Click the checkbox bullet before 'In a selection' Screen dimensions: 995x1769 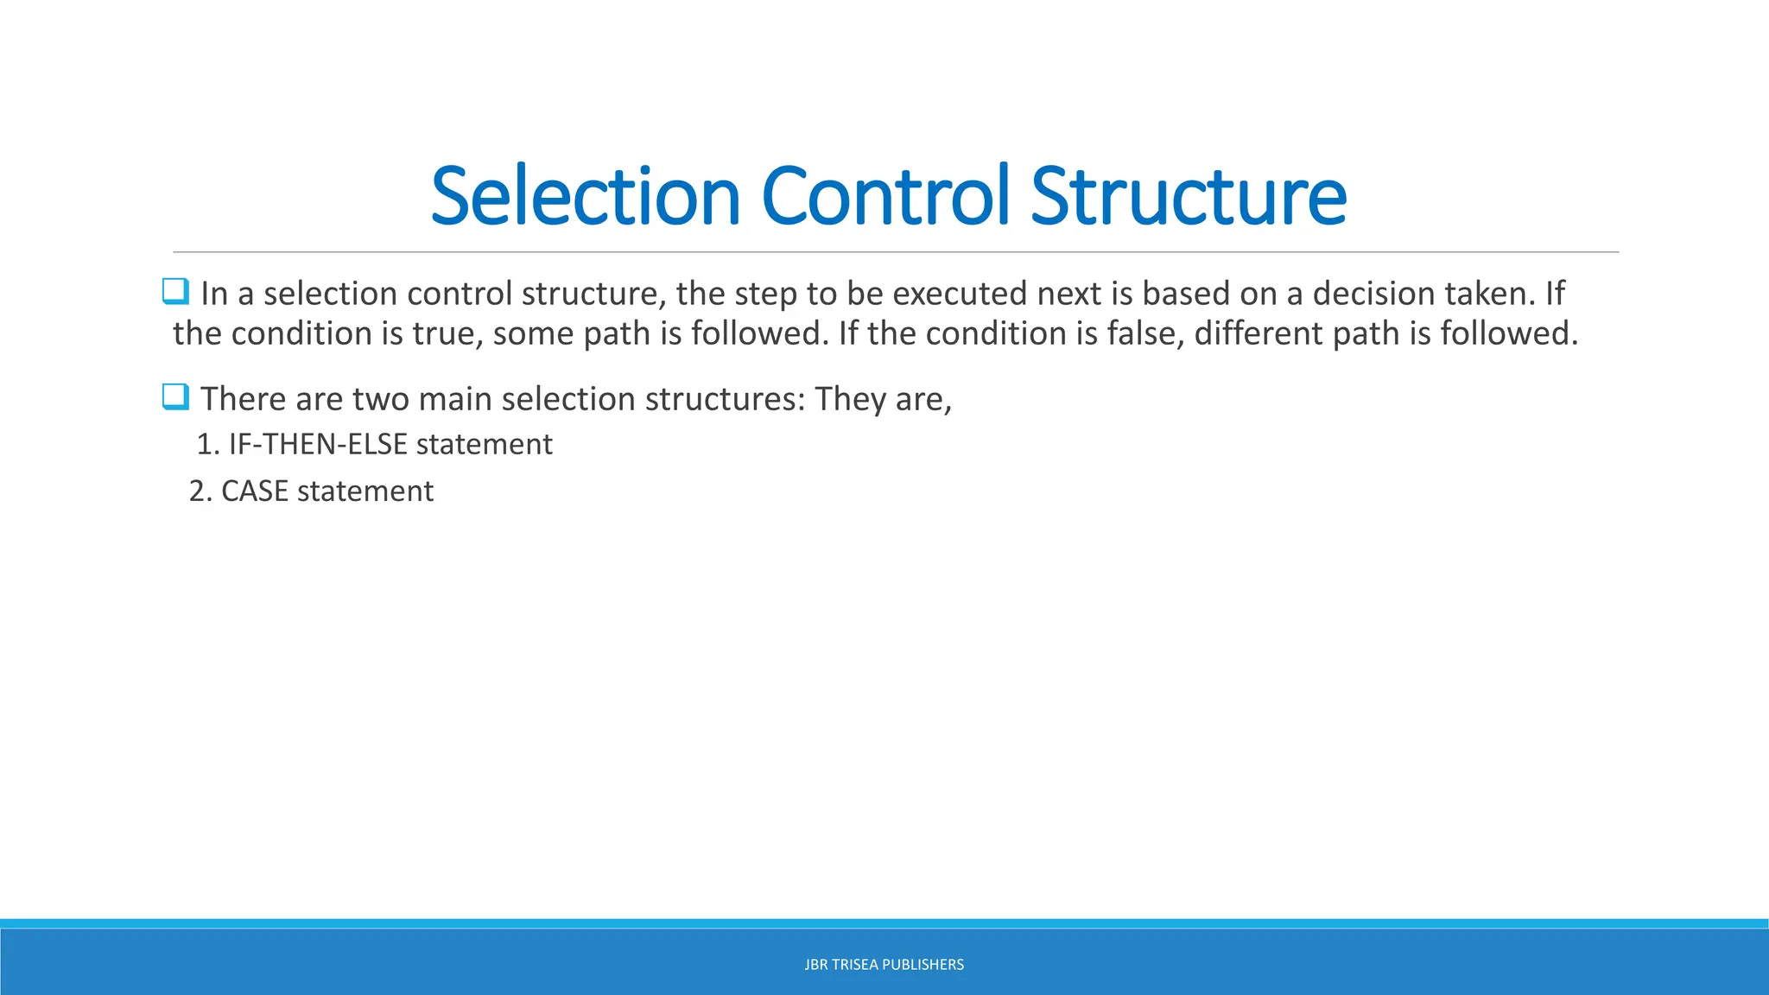[x=175, y=292]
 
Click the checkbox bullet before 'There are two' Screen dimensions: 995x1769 [x=175, y=397]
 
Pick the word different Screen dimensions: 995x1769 [x=1259, y=333]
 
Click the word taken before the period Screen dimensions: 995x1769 [x=1492, y=294]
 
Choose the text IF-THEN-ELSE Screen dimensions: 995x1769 [x=317, y=444]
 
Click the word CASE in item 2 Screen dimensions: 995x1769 [x=255, y=491]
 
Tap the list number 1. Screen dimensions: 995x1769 [x=205, y=444]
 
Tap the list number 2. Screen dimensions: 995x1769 [x=198, y=491]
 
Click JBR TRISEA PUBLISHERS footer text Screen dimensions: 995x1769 [x=884, y=965]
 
